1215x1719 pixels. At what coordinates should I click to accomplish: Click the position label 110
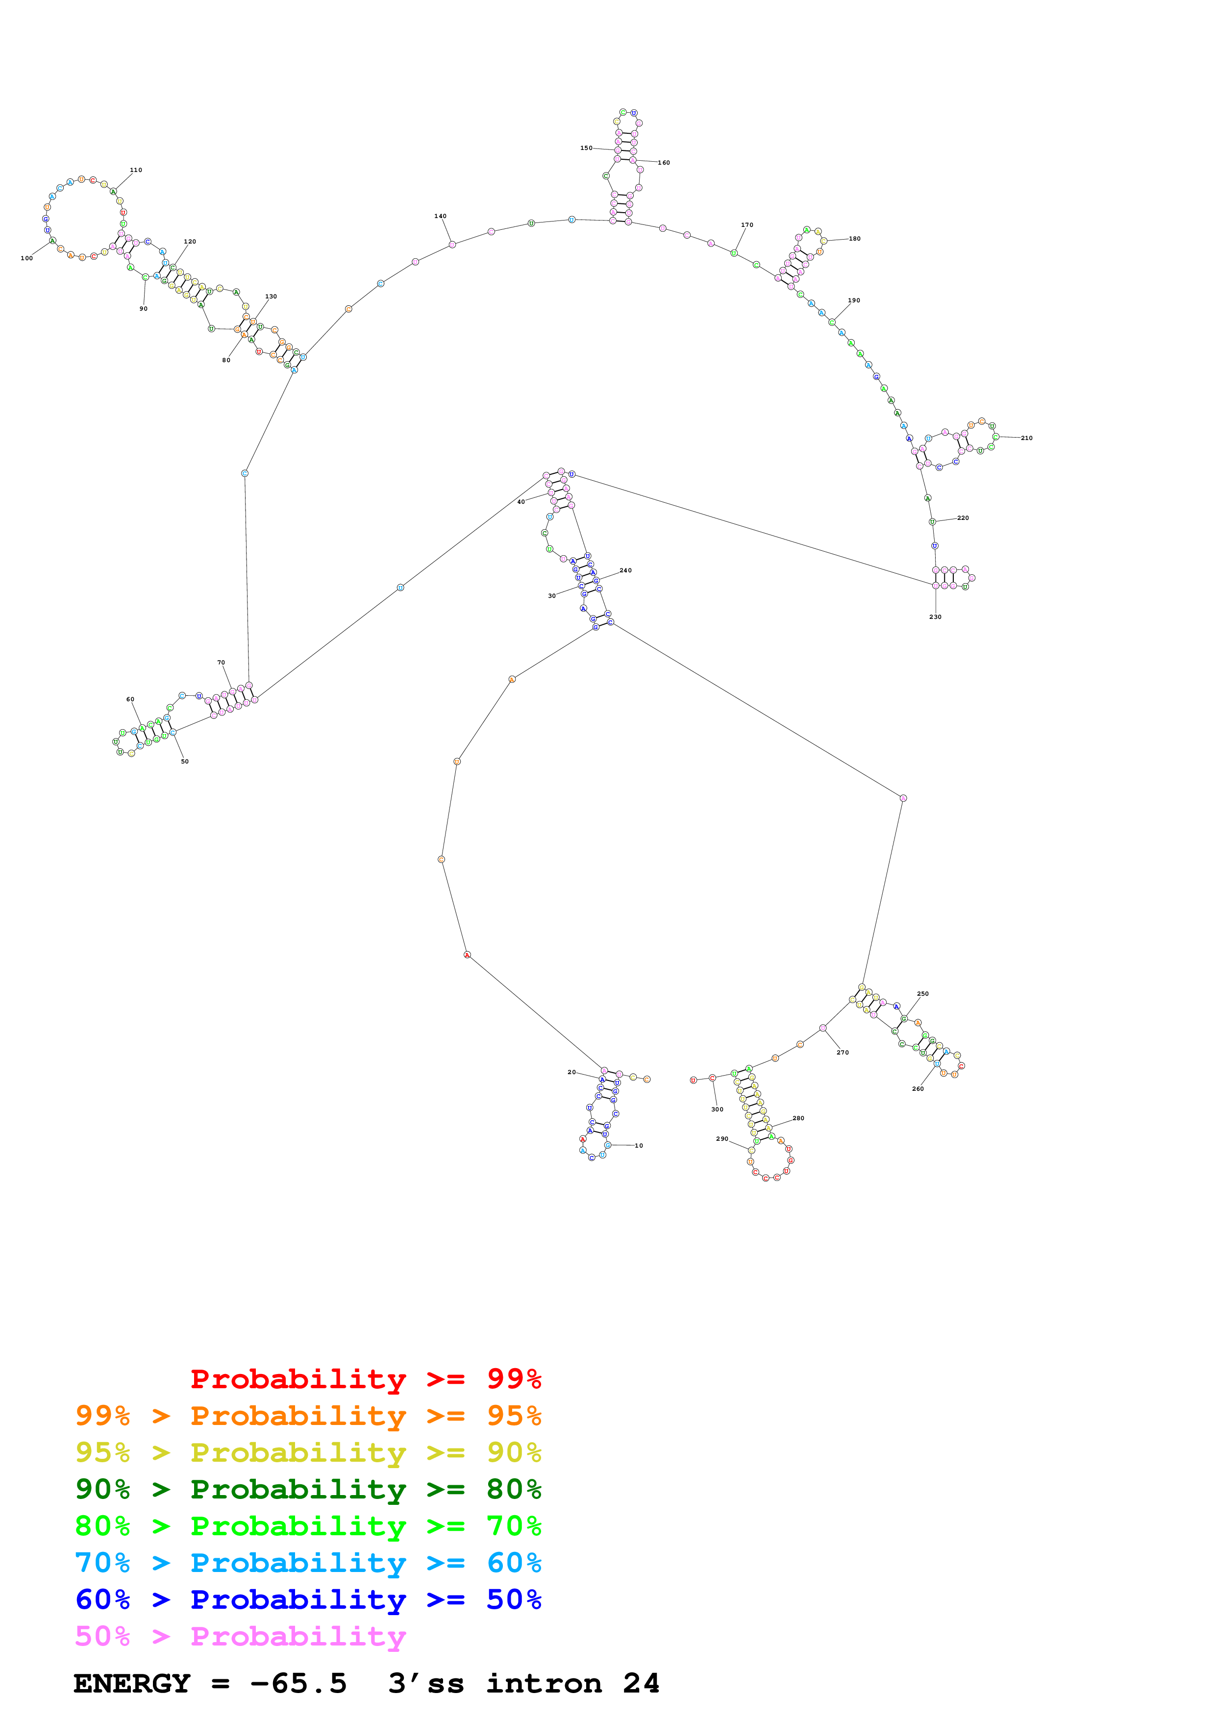[135, 170]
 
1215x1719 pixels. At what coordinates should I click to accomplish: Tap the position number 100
[26, 258]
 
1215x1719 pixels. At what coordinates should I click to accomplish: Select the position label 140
[440, 217]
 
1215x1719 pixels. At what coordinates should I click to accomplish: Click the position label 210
[1026, 438]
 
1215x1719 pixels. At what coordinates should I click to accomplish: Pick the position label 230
[935, 617]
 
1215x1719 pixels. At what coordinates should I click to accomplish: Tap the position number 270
[842, 1053]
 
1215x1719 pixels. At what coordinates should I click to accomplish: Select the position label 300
[717, 1109]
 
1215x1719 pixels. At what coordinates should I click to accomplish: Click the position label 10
[639, 1146]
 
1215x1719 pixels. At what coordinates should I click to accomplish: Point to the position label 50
[185, 761]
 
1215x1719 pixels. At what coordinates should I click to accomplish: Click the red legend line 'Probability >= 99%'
[365, 1378]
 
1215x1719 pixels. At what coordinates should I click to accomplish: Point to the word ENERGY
[132, 1683]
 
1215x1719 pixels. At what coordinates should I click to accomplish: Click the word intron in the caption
[544, 1683]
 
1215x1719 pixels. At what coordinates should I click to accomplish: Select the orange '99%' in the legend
[102, 1416]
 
